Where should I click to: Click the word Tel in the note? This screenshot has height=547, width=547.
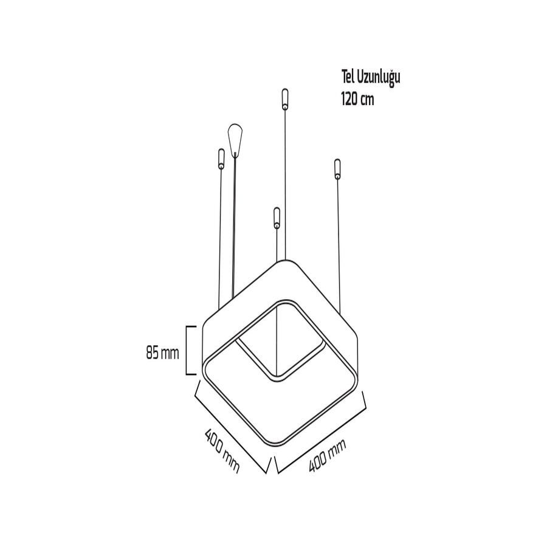pyautogui.click(x=348, y=77)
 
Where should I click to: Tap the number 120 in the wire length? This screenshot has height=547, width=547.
pyautogui.click(x=349, y=100)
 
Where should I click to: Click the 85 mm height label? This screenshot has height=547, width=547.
pyautogui.click(x=162, y=353)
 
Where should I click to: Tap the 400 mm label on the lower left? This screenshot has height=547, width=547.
pyautogui.click(x=222, y=451)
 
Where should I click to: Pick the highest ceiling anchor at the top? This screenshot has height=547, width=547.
pyautogui.click(x=285, y=99)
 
